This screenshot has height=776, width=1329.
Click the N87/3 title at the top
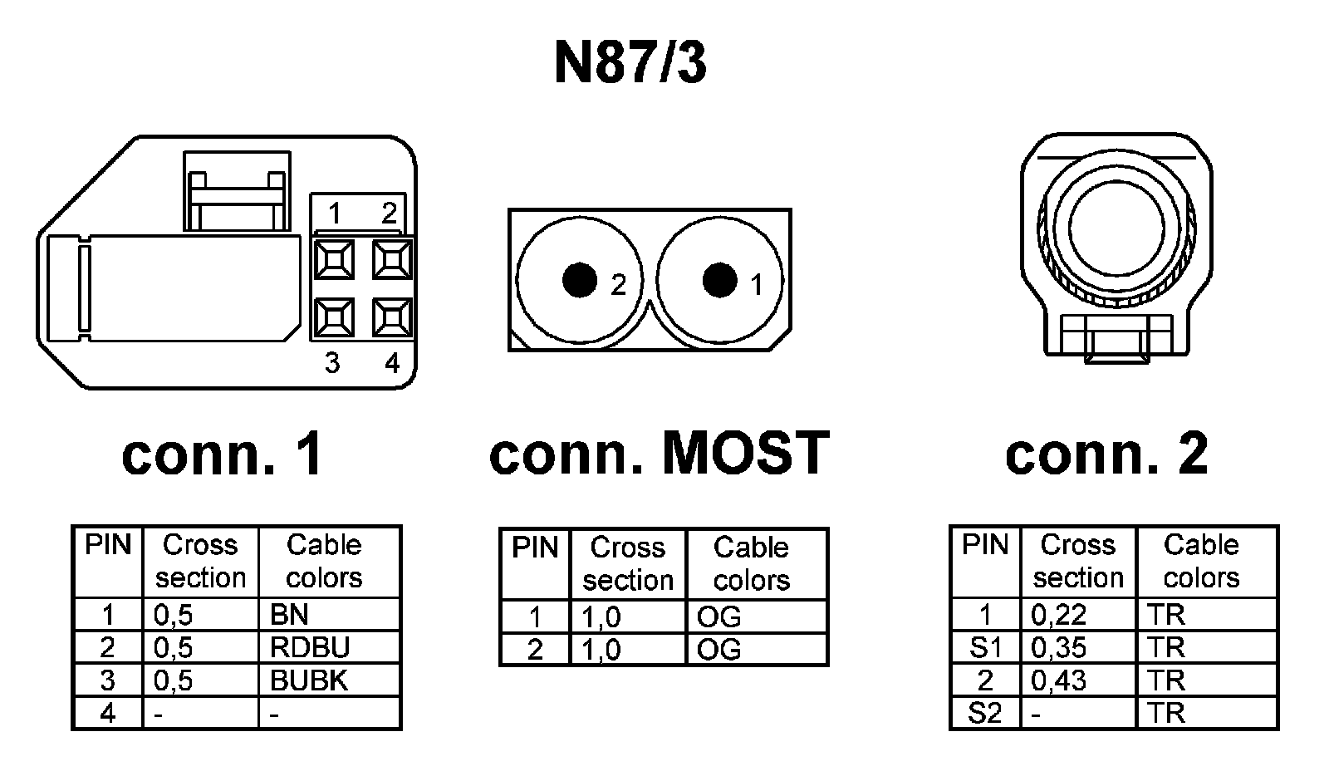(x=630, y=62)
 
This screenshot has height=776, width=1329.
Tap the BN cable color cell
(x=289, y=615)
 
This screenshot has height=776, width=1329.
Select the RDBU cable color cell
(x=309, y=647)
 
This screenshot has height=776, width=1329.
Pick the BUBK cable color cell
(x=308, y=680)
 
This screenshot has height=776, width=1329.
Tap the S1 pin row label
(x=985, y=647)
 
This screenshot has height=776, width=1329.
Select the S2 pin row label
(x=985, y=713)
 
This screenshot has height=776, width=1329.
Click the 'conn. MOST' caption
(x=660, y=454)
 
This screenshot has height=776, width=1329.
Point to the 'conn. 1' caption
(x=222, y=455)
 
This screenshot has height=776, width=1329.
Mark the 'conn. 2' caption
(x=1106, y=454)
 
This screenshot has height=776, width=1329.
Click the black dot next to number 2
(x=580, y=280)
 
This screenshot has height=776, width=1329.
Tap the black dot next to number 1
(x=719, y=280)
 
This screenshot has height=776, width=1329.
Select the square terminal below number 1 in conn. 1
(x=334, y=259)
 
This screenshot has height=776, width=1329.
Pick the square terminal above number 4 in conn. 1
(x=392, y=317)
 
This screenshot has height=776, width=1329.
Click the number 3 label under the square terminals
(x=332, y=363)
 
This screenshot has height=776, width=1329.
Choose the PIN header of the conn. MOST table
(x=535, y=548)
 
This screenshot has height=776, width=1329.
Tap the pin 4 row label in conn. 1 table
(x=108, y=713)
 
